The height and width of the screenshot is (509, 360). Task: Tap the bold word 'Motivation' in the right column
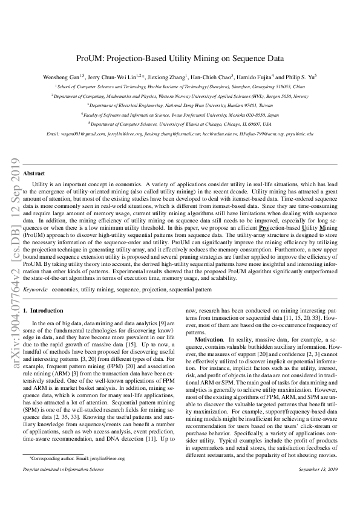tap(209, 340)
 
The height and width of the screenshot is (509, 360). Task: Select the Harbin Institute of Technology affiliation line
tap(180, 87)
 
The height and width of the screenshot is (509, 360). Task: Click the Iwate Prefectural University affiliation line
tap(180, 114)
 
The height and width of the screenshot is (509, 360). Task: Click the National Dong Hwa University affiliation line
tap(180, 105)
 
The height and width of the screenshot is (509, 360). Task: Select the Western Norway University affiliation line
tap(180, 96)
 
